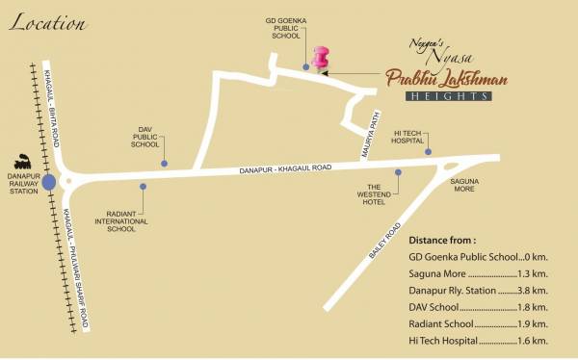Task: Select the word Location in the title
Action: point(40,24)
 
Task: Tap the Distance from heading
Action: point(442,240)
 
